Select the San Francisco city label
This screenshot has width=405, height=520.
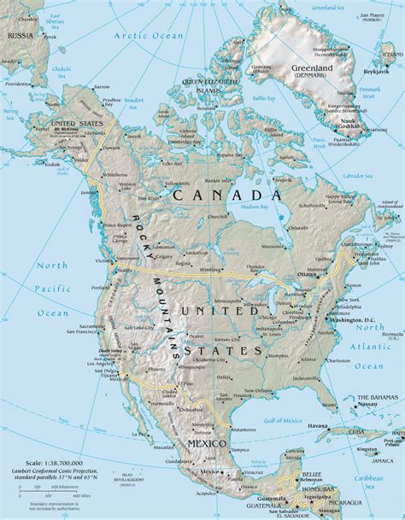[x=74, y=333]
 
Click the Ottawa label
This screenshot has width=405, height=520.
[x=307, y=274]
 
